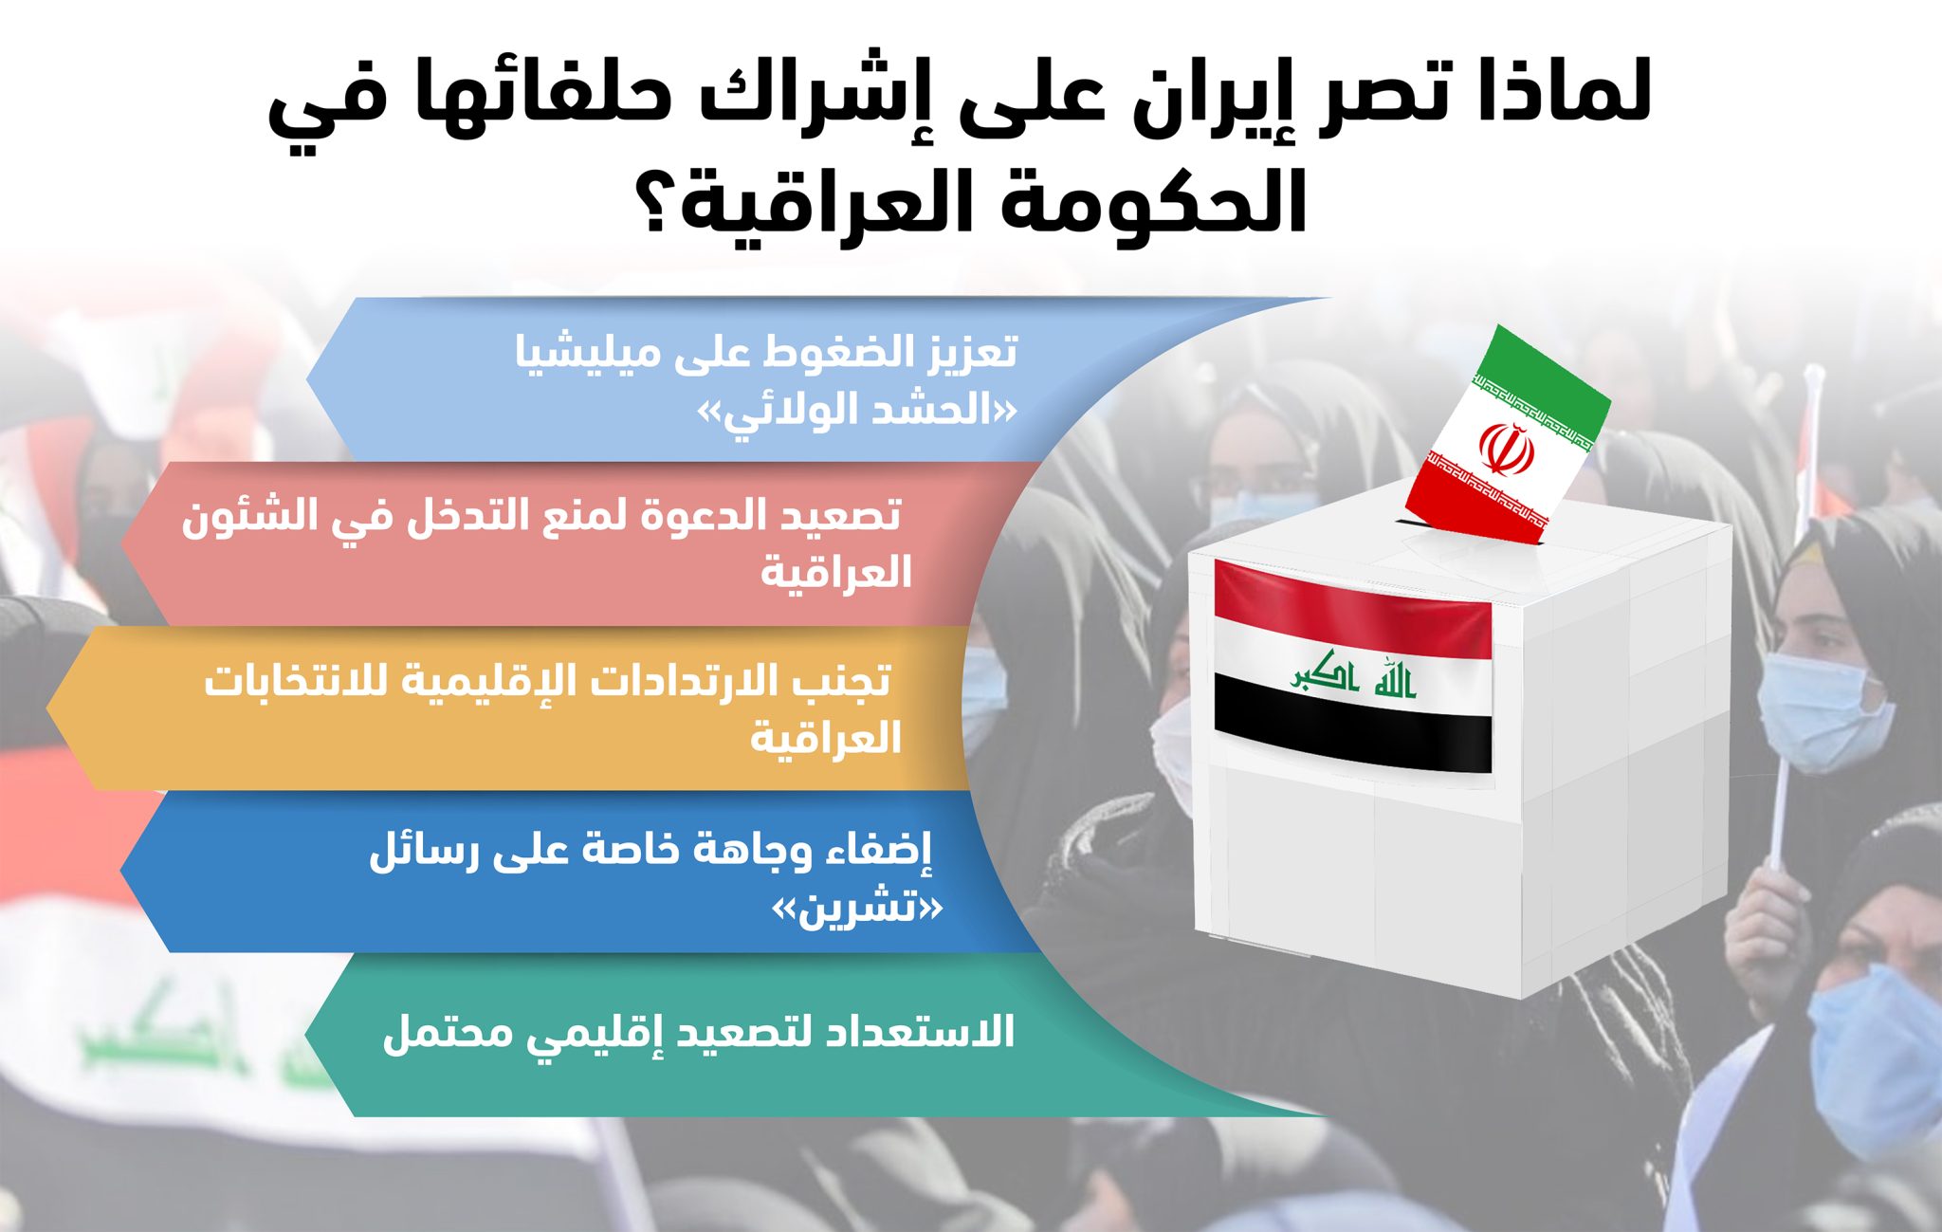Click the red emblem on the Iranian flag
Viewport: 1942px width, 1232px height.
(1507, 449)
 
